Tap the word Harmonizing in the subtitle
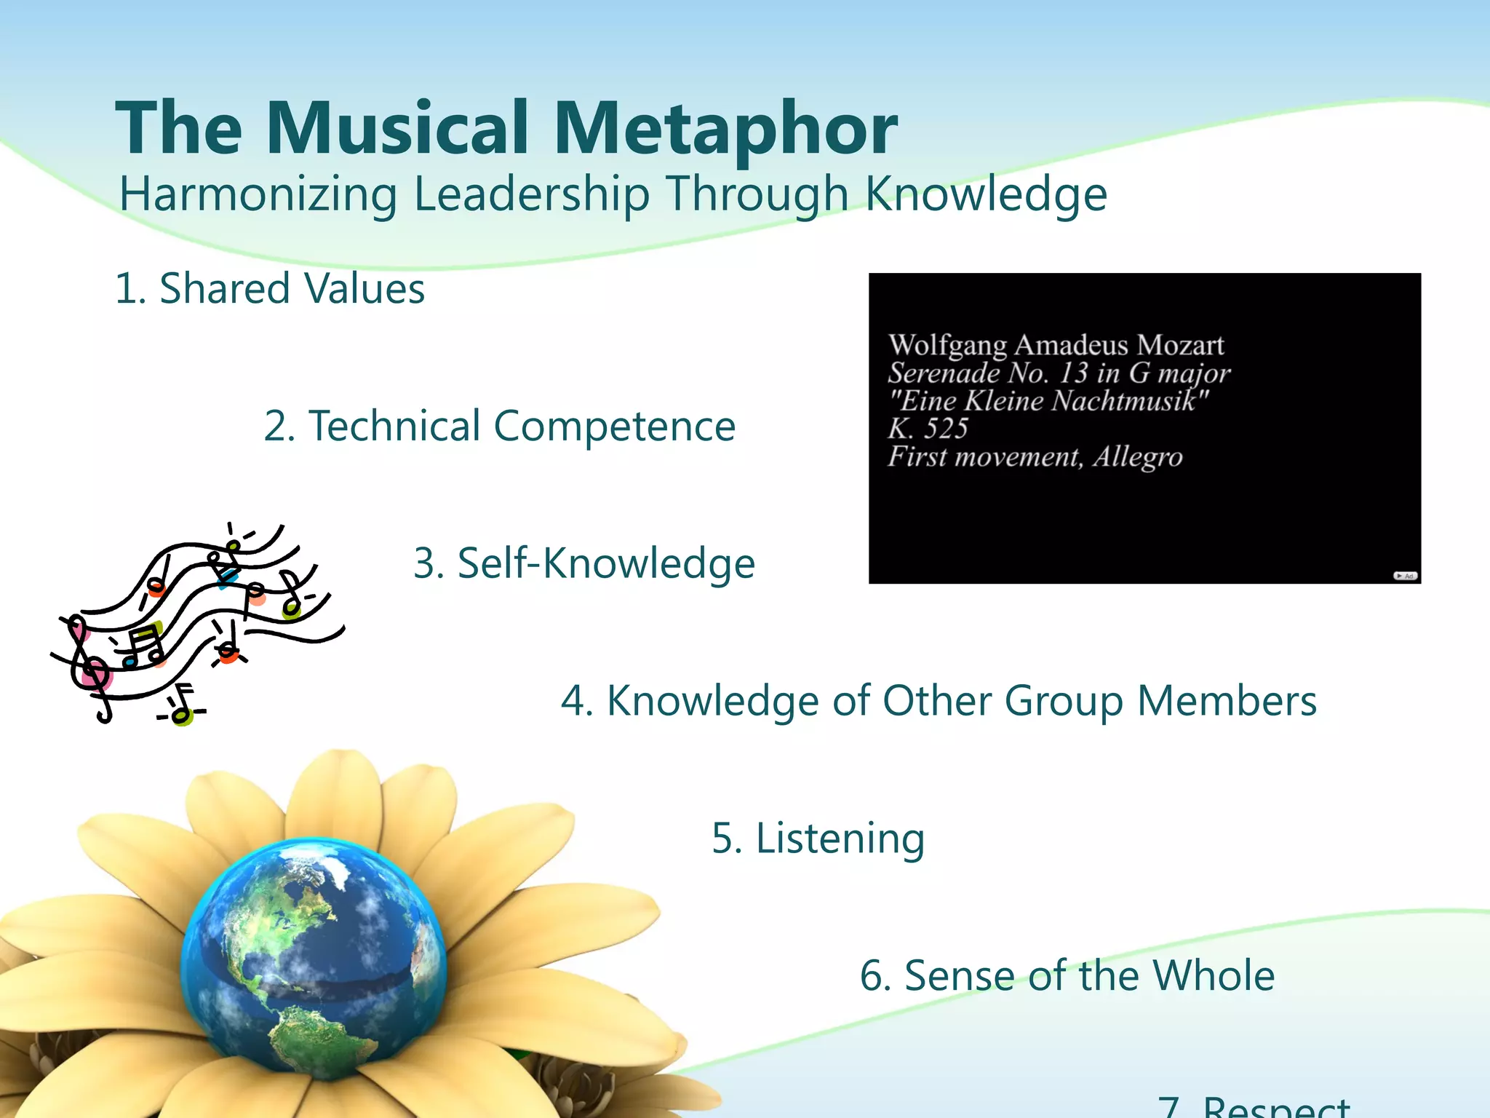[x=258, y=195]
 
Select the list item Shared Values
[x=270, y=289]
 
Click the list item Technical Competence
[x=500, y=427]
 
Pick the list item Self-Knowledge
[x=584, y=564]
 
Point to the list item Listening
[x=818, y=838]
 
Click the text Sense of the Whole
[x=1067, y=976]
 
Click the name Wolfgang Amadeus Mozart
[x=1056, y=345]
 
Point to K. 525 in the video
[x=928, y=429]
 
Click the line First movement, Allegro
[x=1035, y=457]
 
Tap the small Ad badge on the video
[x=1405, y=576]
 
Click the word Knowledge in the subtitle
[x=986, y=195]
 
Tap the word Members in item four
[x=1227, y=702]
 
